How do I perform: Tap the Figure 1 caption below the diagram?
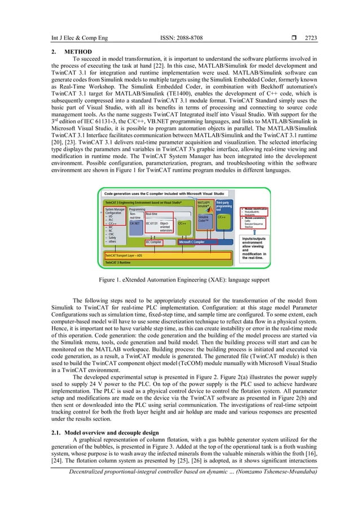pos(179,279)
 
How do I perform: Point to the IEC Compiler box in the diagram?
pos(153,242)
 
